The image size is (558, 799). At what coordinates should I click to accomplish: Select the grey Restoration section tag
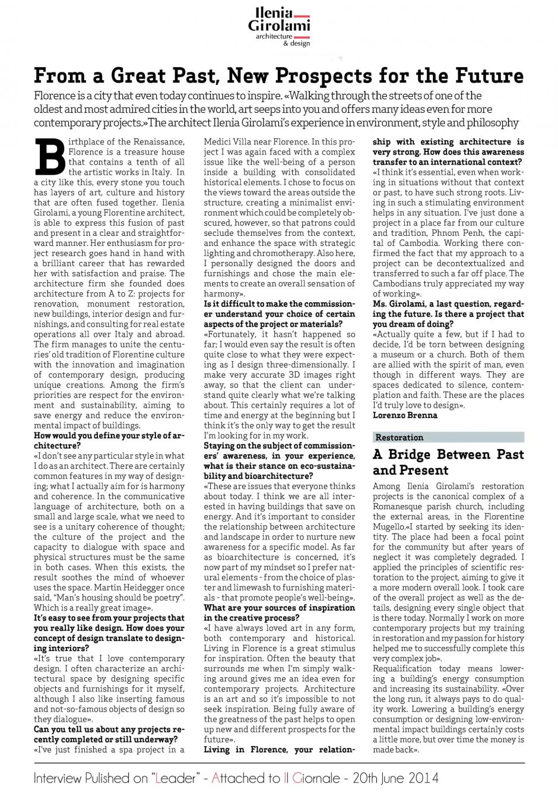448,437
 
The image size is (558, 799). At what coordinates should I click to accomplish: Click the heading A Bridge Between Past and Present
448,462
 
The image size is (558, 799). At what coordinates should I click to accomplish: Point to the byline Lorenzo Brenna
405,415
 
